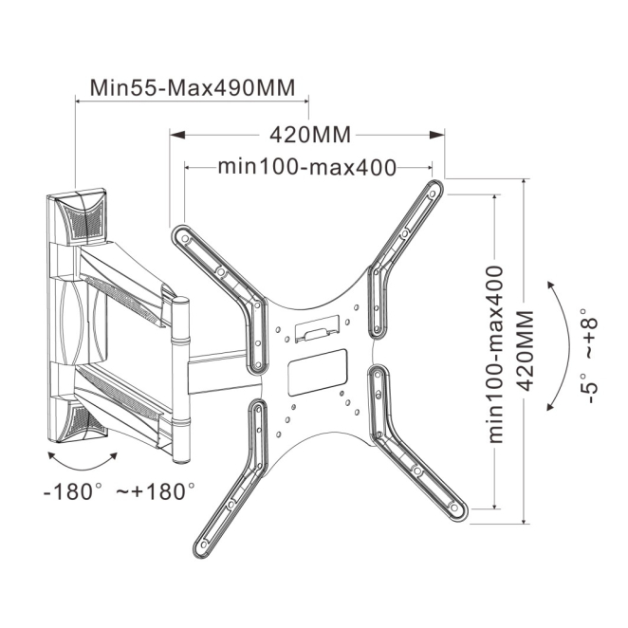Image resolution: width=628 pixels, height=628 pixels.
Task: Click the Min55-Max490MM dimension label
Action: [193, 87]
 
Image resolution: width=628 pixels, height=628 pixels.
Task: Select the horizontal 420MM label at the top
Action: [310, 135]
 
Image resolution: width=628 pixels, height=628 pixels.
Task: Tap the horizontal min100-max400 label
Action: [307, 167]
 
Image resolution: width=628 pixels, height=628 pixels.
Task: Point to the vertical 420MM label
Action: [525, 350]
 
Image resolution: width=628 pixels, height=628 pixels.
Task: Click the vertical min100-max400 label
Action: [495, 354]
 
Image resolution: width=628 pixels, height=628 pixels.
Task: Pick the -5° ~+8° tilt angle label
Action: [589, 355]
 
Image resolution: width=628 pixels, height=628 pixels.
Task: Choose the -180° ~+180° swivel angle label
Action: [120, 491]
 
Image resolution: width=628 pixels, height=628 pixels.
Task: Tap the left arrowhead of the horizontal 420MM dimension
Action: [177, 135]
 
